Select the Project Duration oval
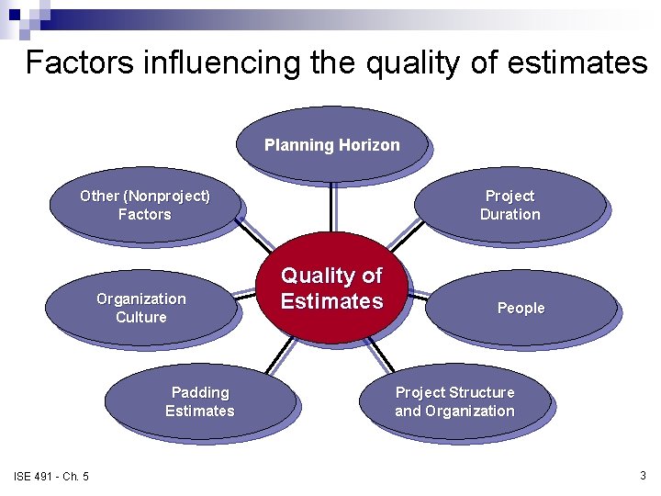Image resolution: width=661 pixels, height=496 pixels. pyautogui.click(x=510, y=205)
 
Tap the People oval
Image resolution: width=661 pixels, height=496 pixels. pyautogui.click(x=521, y=308)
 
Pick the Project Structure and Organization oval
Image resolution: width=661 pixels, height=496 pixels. pyautogui.click(x=454, y=401)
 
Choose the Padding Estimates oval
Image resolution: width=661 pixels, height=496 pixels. pyautogui.click(x=199, y=401)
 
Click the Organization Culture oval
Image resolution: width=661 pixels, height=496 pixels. pyautogui.click(x=140, y=308)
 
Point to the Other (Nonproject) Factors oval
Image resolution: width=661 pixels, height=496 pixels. pyautogui.click(x=144, y=205)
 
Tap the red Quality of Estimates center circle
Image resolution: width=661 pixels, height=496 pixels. pyautogui.click(x=331, y=288)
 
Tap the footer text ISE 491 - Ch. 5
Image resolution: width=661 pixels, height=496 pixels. pyautogui.click(x=51, y=476)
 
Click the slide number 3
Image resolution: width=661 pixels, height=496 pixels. pyautogui.click(x=643, y=475)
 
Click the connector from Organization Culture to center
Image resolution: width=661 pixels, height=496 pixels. pyautogui.click(x=246, y=296)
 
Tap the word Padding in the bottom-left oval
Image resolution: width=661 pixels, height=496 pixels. pyautogui.click(x=199, y=392)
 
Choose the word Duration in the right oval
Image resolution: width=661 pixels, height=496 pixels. pyautogui.click(x=510, y=215)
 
